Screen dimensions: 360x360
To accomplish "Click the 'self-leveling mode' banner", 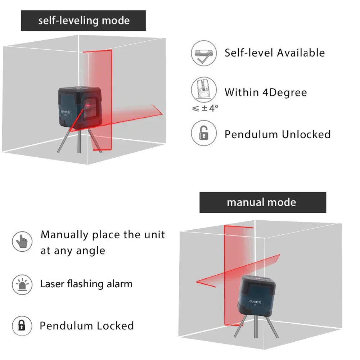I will (x=83, y=21).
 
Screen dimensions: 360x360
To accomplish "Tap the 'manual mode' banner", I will (x=262, y=202).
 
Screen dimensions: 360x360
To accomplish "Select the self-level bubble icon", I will (x=204, y=53).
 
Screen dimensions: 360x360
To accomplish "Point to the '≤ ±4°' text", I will (x=205, y=108).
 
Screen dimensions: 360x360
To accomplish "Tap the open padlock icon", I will (x=204, y=133).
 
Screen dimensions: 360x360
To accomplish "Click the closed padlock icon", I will (x=22, y=325).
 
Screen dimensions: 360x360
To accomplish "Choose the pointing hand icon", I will (x=22, y=242).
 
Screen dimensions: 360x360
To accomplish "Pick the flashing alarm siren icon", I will (x=22, y=284).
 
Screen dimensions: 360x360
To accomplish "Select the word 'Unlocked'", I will (x=306, y=135).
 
